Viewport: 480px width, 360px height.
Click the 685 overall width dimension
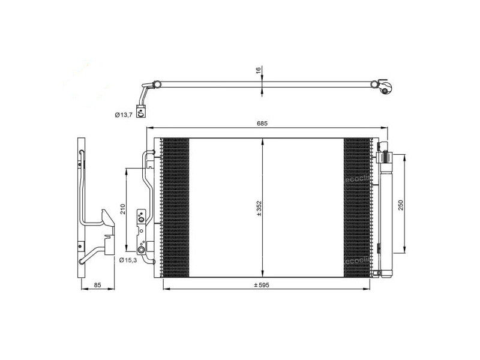pyautogui.click(x=262, y=123)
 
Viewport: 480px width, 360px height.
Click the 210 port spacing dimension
pyautogui.click(x=122, y=209)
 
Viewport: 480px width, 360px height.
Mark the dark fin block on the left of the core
pyautogui.click(x=175, y=208)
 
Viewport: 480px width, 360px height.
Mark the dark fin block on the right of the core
pyautogui.click(x=357, y=208)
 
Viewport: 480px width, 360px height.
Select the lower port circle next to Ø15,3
pyautogui.click(x=142, y=250)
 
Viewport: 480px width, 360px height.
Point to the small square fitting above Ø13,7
pyautogui.click(x=141, y=110)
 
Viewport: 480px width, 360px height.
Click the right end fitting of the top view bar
pyautogui.click(x=385, y=89)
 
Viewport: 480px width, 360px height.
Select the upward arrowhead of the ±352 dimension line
pyautogui.click(x=262, y=141)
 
